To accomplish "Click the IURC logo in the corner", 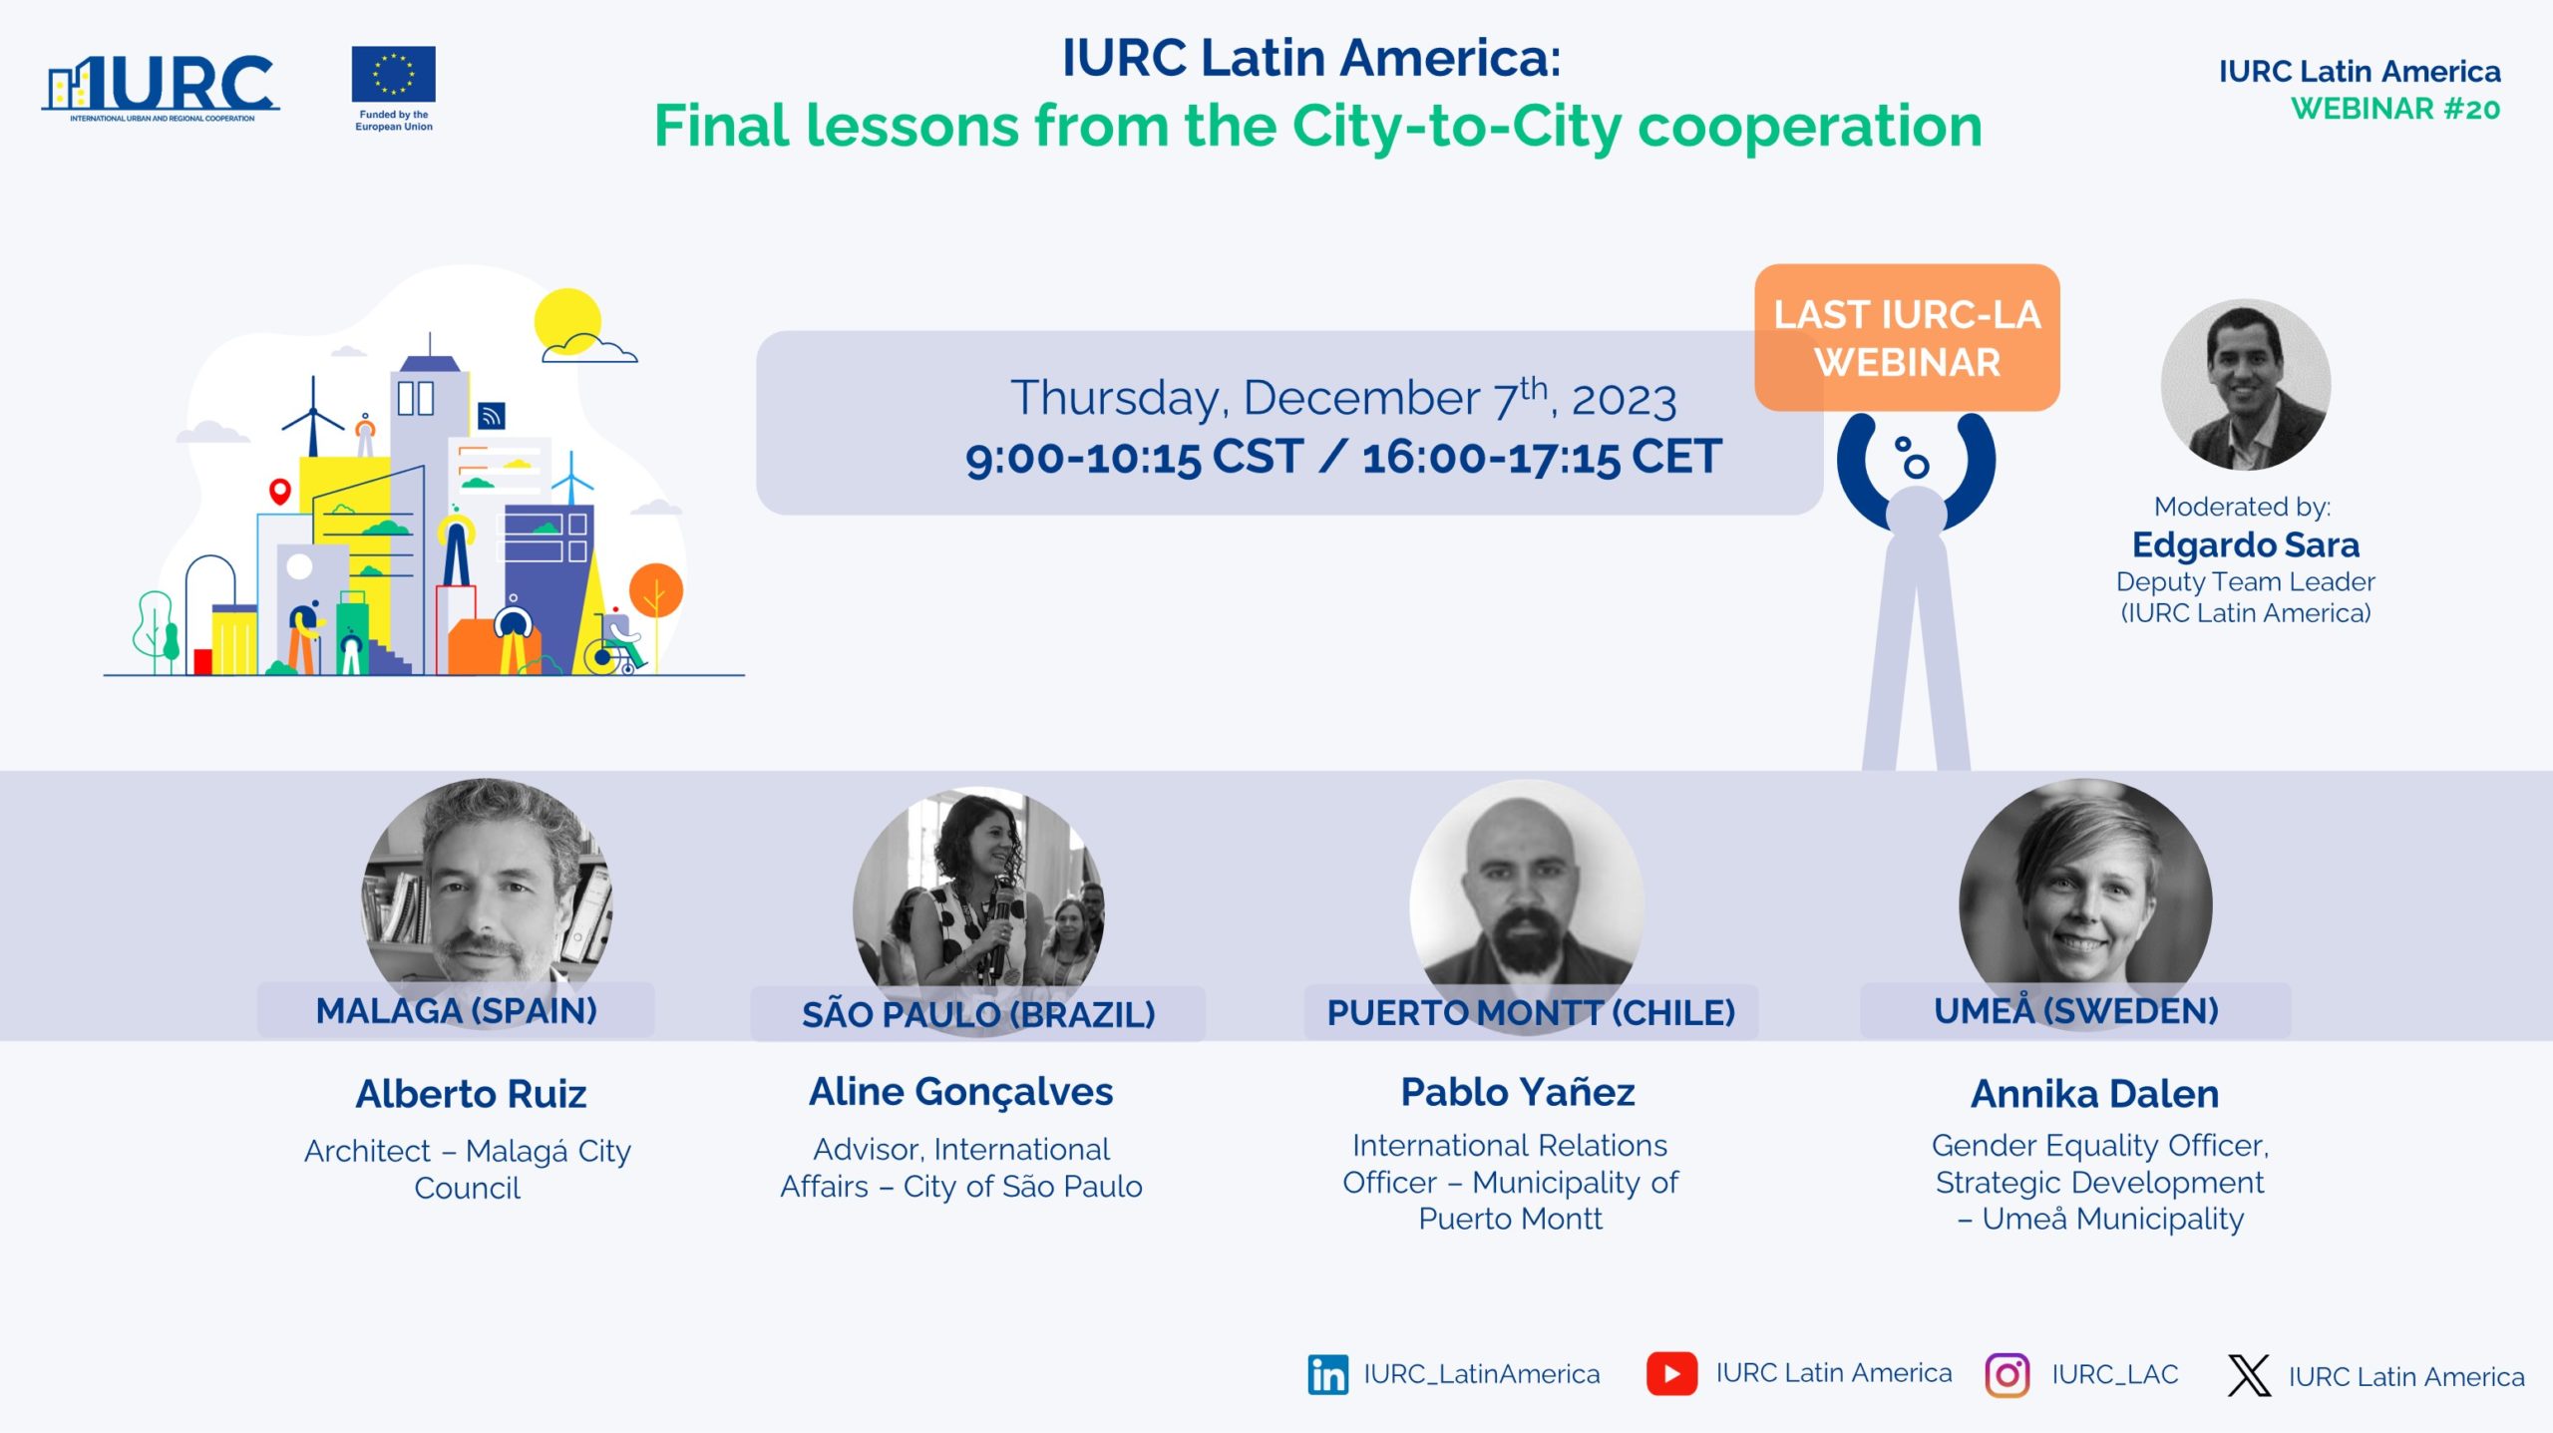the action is [161, 88].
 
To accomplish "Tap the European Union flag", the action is [393, 74].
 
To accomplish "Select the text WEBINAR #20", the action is [2395, 109].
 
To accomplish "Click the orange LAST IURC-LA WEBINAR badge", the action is [1907, 338].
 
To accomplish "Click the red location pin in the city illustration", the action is [280, 492].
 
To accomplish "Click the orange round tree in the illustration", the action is [656, 590].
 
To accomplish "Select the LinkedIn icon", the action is [1327, 1374].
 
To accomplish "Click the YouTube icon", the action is [1671, 1373].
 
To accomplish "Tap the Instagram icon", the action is [2006, 1375].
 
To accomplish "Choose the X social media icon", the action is [2249, 1375].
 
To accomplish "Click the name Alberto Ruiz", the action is [471, 1094].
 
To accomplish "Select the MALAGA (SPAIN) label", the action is [457, 1010].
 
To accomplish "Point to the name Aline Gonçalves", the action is [960, 1093].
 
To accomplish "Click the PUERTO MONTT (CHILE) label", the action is [1531, 1012].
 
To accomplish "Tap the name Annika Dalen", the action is [2094, 1094].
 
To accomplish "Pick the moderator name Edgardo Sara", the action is [2246, 544].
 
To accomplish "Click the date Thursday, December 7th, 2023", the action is [1343, 398].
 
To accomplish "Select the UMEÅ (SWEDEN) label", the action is [2076, 1009].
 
